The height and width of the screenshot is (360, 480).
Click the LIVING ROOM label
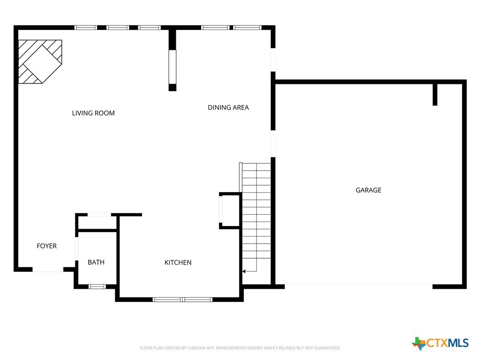click(93, 113)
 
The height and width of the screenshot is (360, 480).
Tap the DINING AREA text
click(228, 107)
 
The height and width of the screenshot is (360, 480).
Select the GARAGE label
click(368, 190)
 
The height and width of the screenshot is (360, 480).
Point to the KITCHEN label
click(178, 262)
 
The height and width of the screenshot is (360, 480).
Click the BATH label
click(96, 262)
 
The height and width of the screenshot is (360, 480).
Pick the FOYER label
click(46, 246)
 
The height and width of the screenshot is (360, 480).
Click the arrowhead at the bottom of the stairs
click(244, 271)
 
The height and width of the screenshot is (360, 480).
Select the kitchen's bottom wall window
click(182, 300)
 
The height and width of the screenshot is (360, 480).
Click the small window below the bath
click(97, 287)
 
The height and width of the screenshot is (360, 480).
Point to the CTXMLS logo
click(440, 343)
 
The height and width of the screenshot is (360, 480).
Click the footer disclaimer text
click(240, 348)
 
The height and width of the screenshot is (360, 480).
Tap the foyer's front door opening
click(48, 270)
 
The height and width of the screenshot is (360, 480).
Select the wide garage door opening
click(359, 286)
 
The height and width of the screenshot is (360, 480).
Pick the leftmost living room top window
click(86, 28)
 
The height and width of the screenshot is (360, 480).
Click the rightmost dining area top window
click(247, 28)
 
